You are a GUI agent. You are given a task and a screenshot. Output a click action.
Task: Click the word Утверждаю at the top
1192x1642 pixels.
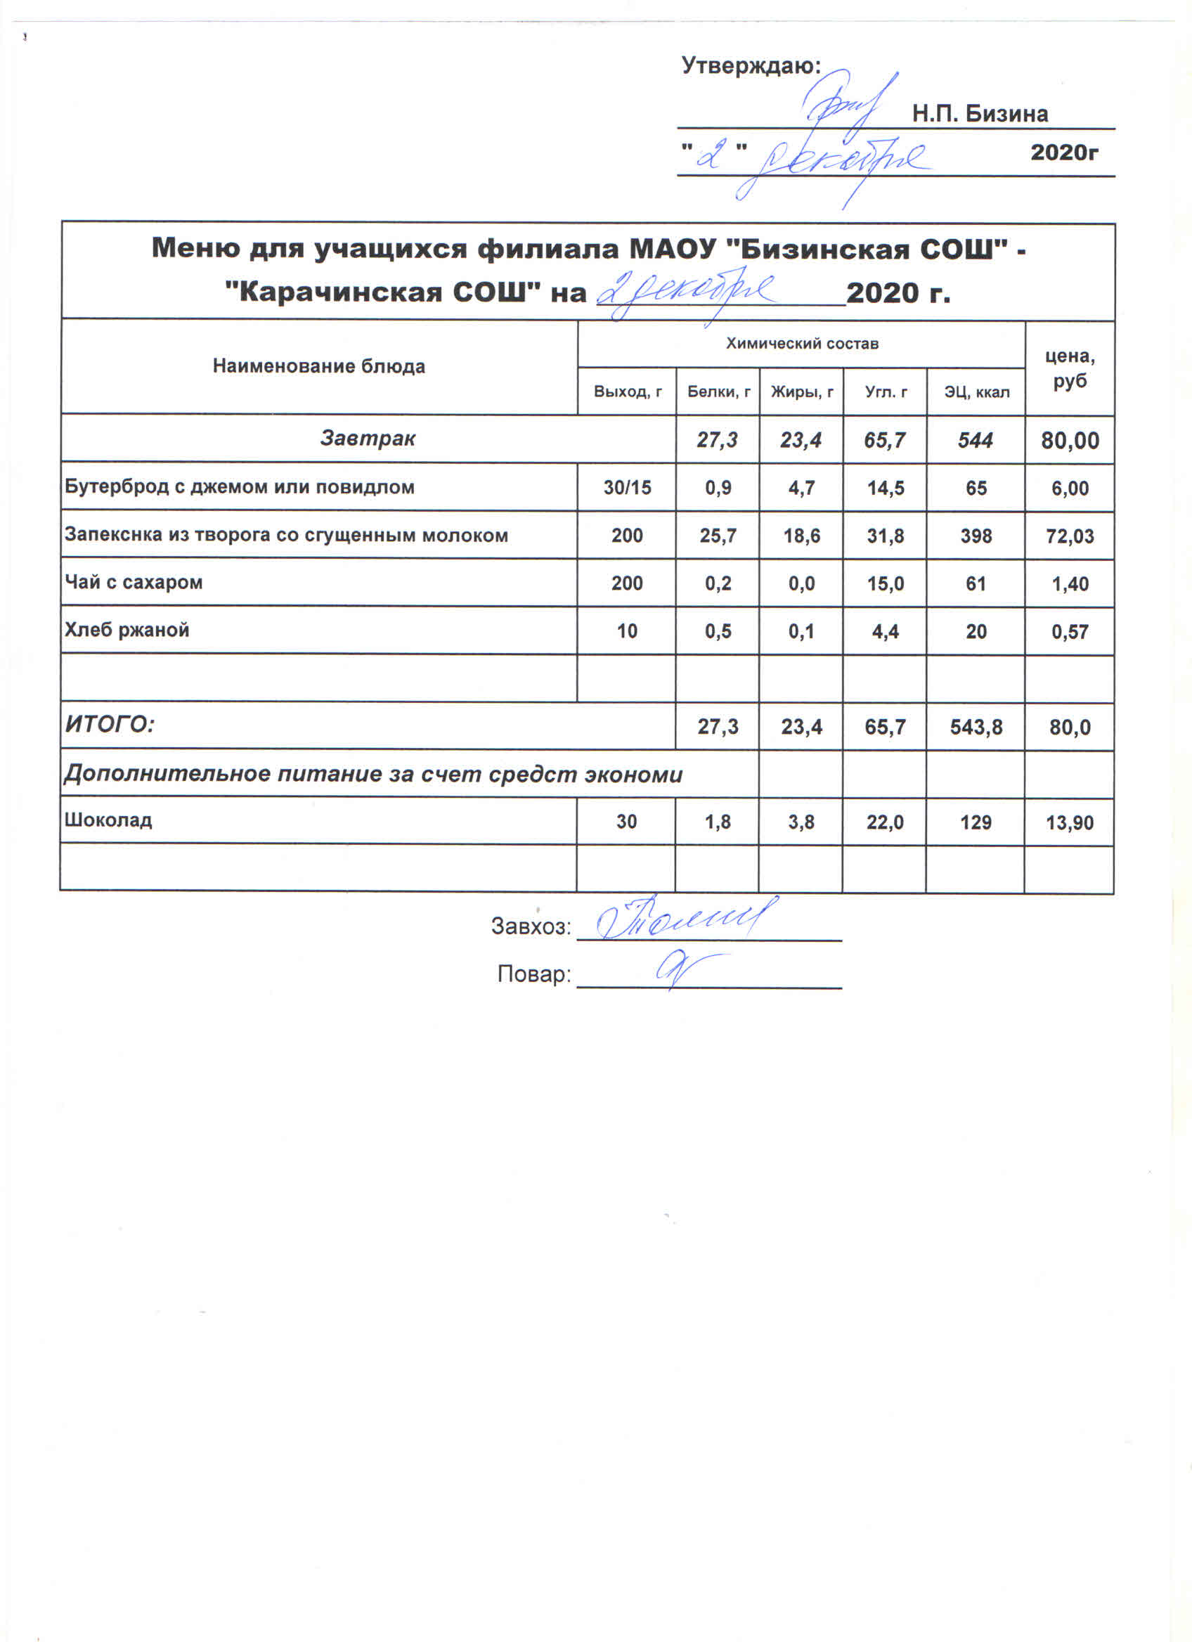point(751,67)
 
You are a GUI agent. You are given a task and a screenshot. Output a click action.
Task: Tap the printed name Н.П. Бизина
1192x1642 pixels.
point(979,115)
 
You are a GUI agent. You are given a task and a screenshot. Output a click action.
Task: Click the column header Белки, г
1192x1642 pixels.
point(718,392)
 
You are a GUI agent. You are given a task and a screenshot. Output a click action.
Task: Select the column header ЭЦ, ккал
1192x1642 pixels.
point(976,392)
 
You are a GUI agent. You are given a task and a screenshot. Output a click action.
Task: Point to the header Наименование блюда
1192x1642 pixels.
point(318,366)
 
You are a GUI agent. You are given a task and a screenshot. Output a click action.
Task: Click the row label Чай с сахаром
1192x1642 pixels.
point(134,582)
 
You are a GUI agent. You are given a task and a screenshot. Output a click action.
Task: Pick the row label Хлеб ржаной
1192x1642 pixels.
point(127,630)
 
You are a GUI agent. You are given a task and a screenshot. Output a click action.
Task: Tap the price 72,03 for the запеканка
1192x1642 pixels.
point(1070,536)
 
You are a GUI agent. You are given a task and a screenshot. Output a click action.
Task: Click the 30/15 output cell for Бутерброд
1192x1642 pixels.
point(627,488)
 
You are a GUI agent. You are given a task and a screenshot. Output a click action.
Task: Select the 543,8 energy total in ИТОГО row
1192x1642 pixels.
point(976,727)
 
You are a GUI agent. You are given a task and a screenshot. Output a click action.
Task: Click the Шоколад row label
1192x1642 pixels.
point(108,820)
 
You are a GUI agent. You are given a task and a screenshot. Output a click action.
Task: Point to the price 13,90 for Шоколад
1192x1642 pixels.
point(1070,822)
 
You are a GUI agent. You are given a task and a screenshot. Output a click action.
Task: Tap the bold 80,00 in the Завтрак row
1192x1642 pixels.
point(1070,440)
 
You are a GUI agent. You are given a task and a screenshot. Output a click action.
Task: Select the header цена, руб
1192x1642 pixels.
point(1070,368)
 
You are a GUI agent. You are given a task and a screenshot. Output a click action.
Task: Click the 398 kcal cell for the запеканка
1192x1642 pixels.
point(976,536)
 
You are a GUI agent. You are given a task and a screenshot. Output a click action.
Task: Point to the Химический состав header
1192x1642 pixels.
point(802,344)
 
